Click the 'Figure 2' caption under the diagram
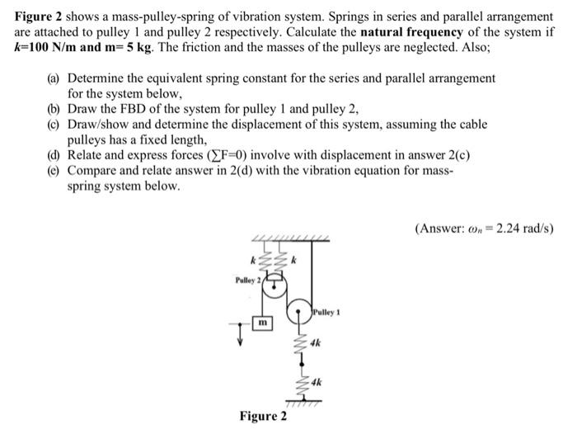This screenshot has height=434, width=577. tap(264, 416)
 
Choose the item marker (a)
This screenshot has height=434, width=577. tap(54, 78)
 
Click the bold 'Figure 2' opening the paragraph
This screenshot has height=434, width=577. tap(38, 17)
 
